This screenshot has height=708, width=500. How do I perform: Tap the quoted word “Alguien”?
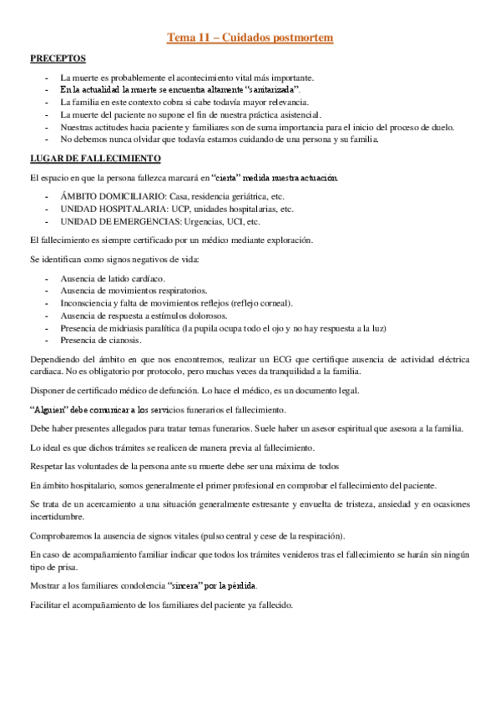48,410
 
